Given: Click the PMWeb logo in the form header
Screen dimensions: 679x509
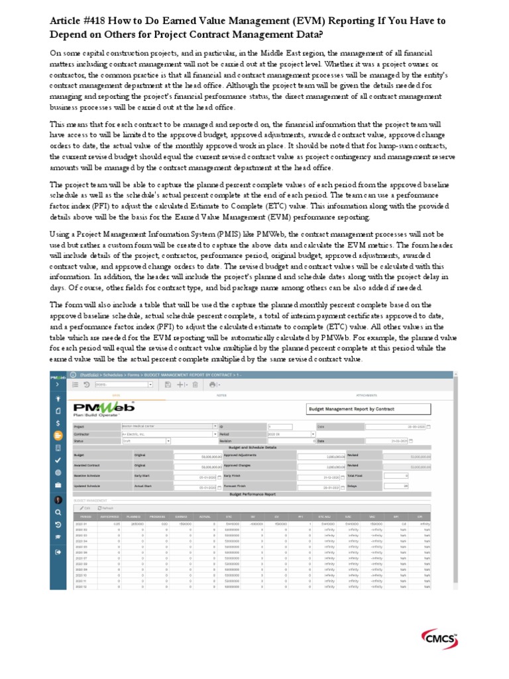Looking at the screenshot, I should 103,408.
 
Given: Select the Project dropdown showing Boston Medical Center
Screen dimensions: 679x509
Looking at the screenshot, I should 169,426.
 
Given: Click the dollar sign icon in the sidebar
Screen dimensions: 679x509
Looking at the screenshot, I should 58,422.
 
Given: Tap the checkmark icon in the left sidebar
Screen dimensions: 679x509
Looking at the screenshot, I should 58,460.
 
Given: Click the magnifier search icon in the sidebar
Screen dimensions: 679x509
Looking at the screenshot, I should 58,512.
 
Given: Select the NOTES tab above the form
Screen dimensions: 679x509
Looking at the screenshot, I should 221,396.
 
